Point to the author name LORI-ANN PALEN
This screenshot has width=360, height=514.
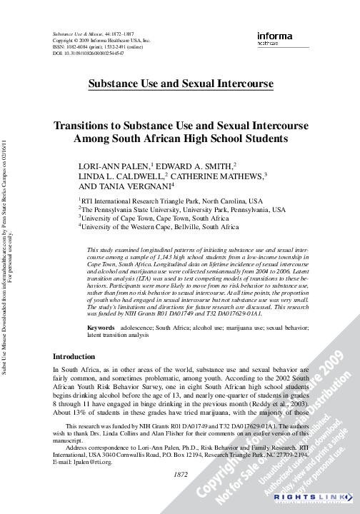pyautogui.click(x=114, y=166)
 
